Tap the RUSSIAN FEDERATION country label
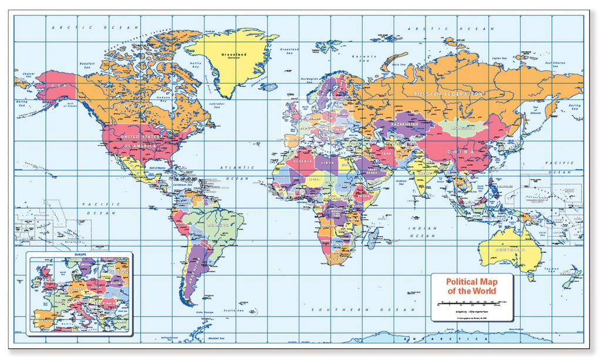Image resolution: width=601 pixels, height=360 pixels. pyautogui.click(x=449, y=94)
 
